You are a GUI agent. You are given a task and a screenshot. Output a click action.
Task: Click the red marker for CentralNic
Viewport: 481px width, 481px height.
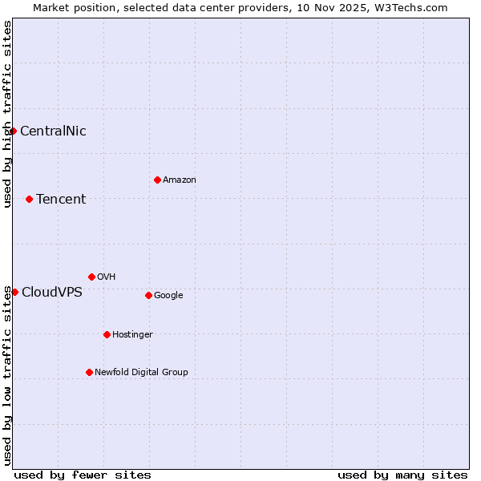[13, 131]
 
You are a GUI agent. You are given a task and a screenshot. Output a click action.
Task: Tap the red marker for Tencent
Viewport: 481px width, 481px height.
[29, 199]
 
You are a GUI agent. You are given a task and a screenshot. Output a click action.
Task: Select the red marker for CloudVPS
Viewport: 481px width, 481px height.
[14, 292]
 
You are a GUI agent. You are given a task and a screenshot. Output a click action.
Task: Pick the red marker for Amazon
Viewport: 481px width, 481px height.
[157, 180]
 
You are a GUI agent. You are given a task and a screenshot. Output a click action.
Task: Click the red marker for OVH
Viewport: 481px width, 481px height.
[91, 277]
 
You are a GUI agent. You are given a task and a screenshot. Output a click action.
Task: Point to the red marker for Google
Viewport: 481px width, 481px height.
[148, 295]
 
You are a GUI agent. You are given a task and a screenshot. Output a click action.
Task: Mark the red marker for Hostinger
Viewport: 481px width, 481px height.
[107, 334]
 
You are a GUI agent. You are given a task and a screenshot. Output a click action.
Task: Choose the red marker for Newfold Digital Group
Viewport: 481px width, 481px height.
[89, 372]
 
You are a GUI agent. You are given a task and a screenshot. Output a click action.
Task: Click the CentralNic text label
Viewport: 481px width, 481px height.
[53, 131]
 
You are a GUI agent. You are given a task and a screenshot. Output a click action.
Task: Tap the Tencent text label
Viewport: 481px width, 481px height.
[61, 200]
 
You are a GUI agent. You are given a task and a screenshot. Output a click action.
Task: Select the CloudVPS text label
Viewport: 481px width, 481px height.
[52, 292]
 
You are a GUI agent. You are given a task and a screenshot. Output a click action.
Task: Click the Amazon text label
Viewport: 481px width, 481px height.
[180, 180]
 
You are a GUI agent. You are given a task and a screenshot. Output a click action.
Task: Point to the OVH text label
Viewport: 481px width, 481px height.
[107, 277]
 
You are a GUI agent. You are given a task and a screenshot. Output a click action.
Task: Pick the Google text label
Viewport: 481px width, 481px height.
[168, 296]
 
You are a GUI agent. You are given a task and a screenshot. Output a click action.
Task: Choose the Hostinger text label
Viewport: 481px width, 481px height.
[132, 335]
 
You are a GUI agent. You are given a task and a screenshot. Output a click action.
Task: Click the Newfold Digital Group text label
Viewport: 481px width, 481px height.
[141, 373]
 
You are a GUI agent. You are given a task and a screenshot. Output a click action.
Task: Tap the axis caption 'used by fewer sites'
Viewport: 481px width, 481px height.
[83, 475]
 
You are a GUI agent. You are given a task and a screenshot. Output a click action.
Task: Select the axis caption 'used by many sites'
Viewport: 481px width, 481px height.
[402, 475]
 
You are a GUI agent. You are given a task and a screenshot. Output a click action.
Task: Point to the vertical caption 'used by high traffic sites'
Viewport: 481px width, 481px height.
[7, 114]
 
